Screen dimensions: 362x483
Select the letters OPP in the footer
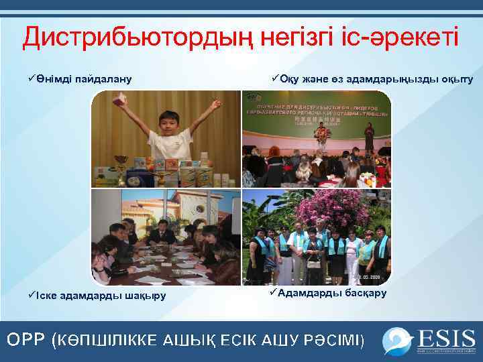click(x=26, y=339)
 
